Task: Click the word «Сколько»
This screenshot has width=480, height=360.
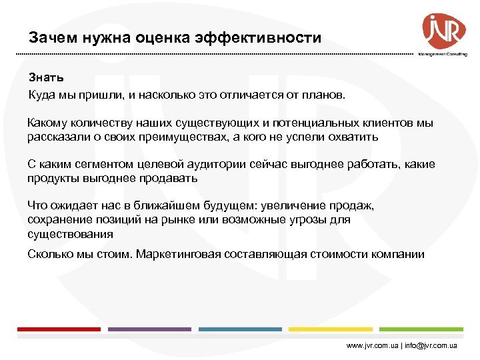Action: click(49, 254)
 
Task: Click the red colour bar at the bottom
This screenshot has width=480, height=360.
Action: click(59, 329)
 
